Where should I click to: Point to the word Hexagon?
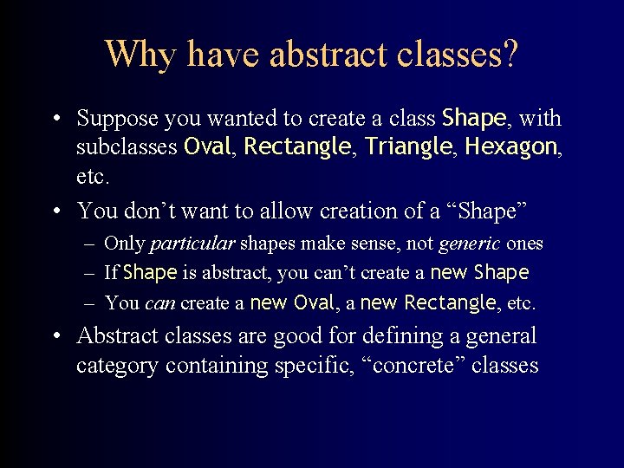click(x=510, y=147)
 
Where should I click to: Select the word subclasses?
click(x=127, y=147)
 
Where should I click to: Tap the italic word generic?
click(x=469, y=244)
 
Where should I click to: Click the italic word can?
click(x=159, y=303)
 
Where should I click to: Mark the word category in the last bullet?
click(x=117, y=366)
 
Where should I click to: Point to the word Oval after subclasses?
click(x=207, y=147)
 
